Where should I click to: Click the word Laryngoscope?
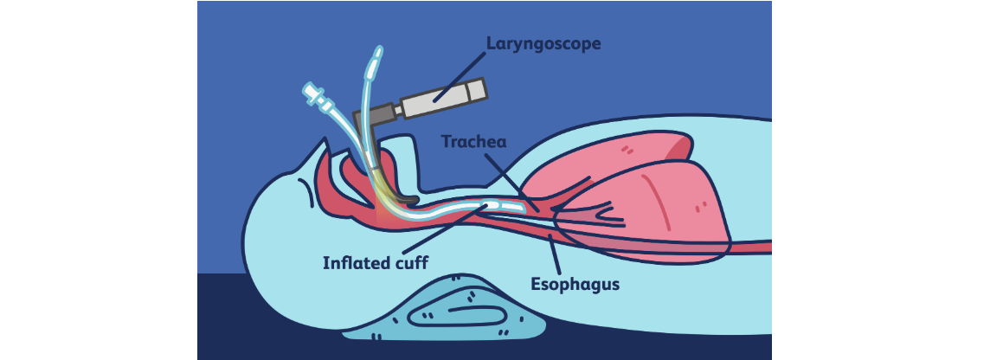click(543, 42)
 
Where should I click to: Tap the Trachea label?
click(473, 141)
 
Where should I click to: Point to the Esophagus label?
click(575, 283)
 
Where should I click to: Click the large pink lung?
click(666, 203)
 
